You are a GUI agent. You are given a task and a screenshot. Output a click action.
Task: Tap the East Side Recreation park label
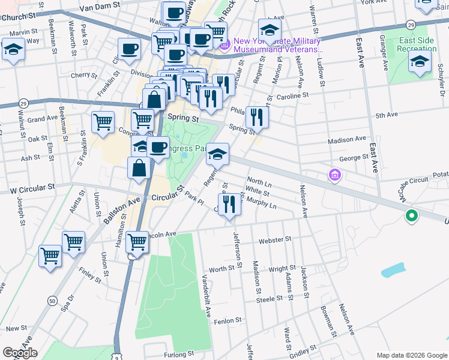coord(416,44)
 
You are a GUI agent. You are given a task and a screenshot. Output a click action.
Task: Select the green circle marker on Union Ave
coord(412,216)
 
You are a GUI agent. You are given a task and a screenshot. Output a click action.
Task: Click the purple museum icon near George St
coord(334,175)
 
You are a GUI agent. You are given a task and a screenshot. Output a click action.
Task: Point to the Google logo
coord(20,353)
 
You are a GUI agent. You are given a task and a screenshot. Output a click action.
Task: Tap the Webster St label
coord(274,239)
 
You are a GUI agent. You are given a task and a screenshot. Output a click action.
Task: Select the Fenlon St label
coord(228,320)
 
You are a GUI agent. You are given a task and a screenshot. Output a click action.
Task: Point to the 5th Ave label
coord(387,115)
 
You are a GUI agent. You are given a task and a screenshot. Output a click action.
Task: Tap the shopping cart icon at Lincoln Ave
coord(137,243)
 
